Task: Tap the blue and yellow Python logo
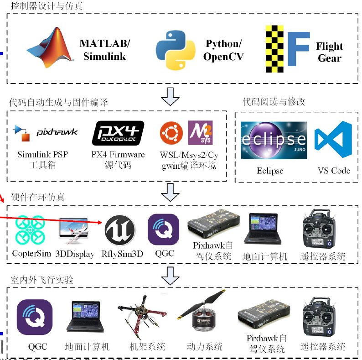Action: (176, 50)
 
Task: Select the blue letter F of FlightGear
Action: (298, 49)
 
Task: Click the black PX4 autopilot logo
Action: (118, 133)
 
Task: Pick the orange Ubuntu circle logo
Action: (171, 133)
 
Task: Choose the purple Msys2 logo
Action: (200, 133)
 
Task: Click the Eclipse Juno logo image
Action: (274, 140)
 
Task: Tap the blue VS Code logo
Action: (333, 139)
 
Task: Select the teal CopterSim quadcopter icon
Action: (30, 230)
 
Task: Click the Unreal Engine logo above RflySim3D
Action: (120, 230)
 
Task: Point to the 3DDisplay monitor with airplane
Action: (74, 230)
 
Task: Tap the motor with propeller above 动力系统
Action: (202, 310)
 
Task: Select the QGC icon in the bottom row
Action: (35, 317)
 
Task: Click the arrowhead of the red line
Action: (100, 222)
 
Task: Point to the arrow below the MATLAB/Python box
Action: (170, 97)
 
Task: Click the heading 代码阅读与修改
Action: (274, 102)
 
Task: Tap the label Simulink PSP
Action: (43, 154)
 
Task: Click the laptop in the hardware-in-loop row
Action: (263, 228)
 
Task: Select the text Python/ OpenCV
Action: (223, 50)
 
